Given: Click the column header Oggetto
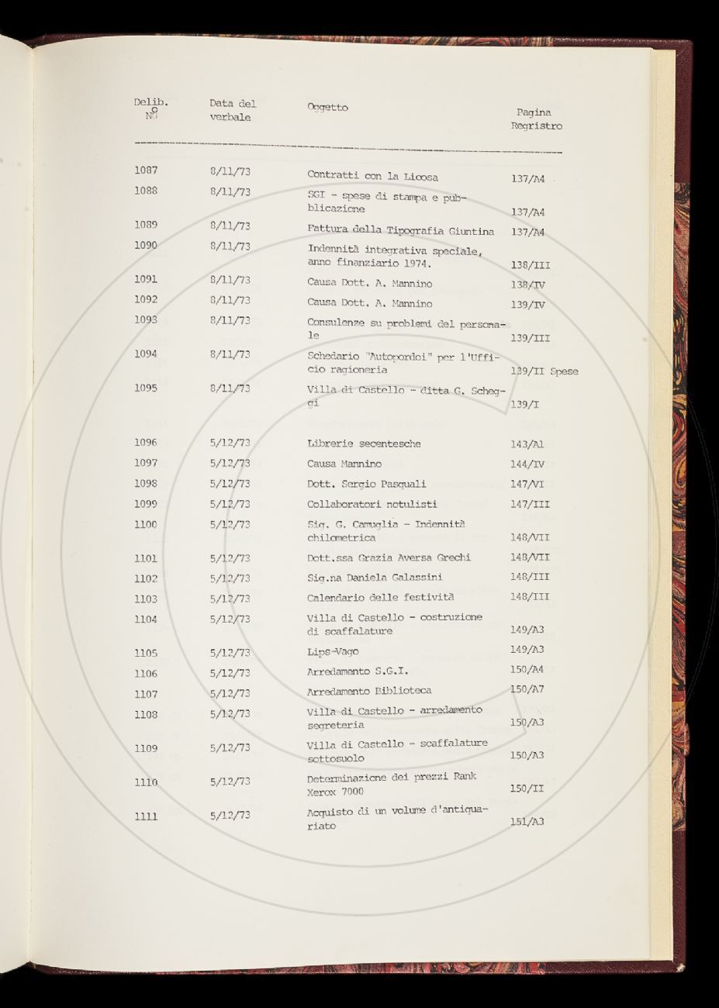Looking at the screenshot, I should (327, 108).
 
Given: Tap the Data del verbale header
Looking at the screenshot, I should (232, 110).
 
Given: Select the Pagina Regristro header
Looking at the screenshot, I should (537, 119).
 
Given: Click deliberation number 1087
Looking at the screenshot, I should (146, 171).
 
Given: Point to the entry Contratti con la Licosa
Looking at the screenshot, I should (372, 176).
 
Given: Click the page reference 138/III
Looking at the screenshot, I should (531, 265).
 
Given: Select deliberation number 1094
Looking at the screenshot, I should (146, 354).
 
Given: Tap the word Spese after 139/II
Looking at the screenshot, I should (564, 371).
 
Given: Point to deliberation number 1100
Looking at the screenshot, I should (145, 524).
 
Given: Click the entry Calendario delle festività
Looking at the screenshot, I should (380, 598).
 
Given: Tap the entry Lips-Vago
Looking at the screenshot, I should (333, 652).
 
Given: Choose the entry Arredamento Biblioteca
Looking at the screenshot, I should (369, 690).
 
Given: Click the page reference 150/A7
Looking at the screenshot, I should (528, 689).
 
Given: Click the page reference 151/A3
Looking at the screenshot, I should (527, 821).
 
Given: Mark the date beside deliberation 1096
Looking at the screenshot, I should (230, 444).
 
